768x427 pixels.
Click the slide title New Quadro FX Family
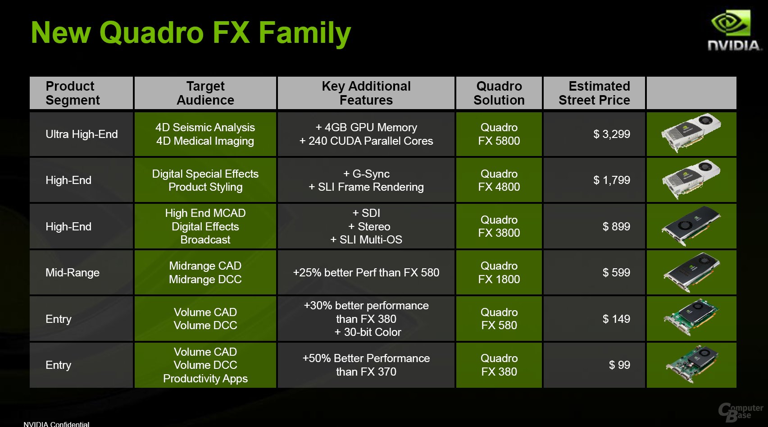pyautogui.click(x=191, y=33)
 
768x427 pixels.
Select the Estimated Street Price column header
pyautogui.click(x=594, y=93)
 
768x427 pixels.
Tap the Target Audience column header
pyautogui.click(x=205, y=93)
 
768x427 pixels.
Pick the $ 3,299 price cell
pyautogui.click(x=612, y=134)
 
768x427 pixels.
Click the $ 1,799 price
pyautogui.click(x=612, y=180)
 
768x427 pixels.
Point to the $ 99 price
pyautogui.click(x=619, y=365)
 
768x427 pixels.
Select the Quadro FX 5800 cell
pyautogui.click(x=499, y=134)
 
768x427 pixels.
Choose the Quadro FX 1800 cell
pyautogui.click(x=499, y=272)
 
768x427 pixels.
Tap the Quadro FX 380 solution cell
pyautogui.click(x=499, y=365)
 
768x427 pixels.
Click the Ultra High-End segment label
pyautogui.click(x=82, y=134)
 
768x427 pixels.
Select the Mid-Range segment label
pyautogui.click(x=73, y=272)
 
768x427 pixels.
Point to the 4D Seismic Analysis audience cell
pyautogui.click(x=205, y=128)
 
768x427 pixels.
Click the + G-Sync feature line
pyautogui.click(x=366, y=174)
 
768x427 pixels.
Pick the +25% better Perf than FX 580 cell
pyautogui.click(x=366, y=272)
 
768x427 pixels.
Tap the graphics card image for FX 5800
pyautogui.click(x=691, y=133)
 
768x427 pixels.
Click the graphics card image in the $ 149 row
pyautogui.click(x=691, y=317)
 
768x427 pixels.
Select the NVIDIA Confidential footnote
pyautogui.click(x=56, y=424)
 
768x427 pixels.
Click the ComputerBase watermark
pyautogui.click(x=741, y=412)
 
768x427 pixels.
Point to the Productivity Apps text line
pyautogui.click(x=205, y=379)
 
